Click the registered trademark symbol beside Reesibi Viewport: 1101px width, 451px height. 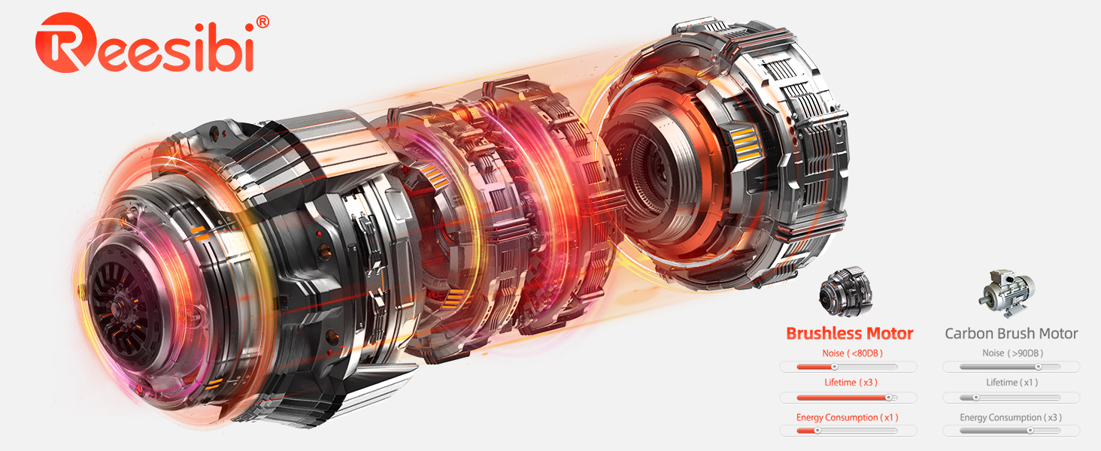[262, 23]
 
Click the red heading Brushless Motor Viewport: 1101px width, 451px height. [849, 334]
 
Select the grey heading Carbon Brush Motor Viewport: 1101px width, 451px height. [1011, 334]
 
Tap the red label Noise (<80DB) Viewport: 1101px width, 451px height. [848, 353]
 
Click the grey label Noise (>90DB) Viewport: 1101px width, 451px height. [1012, 353]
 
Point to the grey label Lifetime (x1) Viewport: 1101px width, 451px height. [1012, 383]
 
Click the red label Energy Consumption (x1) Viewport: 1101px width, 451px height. [848, 417]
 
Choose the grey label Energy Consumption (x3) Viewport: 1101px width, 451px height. [1011, 417]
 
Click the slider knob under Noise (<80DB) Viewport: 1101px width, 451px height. [834, 367]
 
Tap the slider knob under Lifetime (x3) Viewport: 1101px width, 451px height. [888, 398]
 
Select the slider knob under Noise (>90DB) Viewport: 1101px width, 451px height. [1038, 367]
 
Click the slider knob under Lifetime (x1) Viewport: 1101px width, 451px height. [976, 398]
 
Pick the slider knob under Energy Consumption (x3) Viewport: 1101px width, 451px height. [1030, 431]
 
